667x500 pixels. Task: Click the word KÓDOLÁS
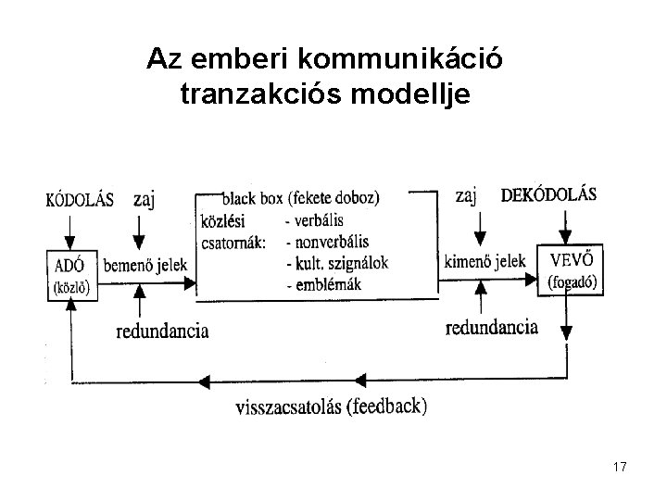click(79, 199)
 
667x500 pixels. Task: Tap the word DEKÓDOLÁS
click(548, 195)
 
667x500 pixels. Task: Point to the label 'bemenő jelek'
click(145, 265)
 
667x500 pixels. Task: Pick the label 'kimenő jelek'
click(485, 261)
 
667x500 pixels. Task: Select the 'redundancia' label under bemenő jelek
click(163, 331)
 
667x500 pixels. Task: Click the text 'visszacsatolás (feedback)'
click(332, 406)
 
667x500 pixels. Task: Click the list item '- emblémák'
click(326, 285)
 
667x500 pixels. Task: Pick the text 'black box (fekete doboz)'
click(301, 198)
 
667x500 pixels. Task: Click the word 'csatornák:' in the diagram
click(233, 244)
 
